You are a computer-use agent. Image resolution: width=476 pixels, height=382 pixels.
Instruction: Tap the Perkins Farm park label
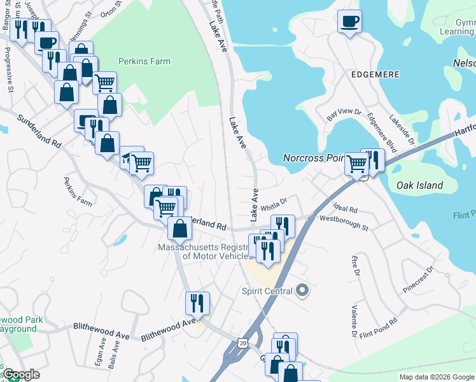[x=144, y=62]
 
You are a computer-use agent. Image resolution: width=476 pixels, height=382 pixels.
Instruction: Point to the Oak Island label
[x=419, y=185]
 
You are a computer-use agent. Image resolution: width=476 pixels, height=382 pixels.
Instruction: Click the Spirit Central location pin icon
[x=302, y=291]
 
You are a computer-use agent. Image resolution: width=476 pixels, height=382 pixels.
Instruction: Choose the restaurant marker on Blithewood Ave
[x=197, y=304]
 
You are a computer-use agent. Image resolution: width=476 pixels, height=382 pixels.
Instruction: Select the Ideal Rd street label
[x=346, y=208]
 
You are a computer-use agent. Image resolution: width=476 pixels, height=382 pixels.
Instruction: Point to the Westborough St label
[x=344, y=222]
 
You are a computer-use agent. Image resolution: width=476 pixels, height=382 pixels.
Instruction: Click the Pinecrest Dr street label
[x=417, y=279]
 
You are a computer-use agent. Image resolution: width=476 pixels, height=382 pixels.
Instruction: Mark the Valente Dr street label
[x=353, y=321]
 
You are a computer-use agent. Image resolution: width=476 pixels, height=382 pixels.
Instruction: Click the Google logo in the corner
[x=20, y=374]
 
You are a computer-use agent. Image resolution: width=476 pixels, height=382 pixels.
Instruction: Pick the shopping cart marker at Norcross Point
[x=356, y=163]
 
